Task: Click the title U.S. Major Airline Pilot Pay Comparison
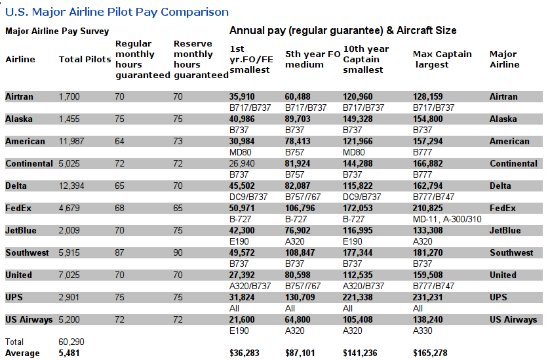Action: click(117, 12)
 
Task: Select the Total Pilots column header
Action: click(85, 60)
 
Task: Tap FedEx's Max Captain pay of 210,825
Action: click(428, 209)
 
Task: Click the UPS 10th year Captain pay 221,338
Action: click(357, 298)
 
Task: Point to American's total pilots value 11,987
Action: click(71, 142)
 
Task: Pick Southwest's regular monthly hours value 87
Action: click(119, 252)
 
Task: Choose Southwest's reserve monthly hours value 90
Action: click(178, 252)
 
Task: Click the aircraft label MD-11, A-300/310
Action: click(447, 219)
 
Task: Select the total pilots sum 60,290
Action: click(71, 342)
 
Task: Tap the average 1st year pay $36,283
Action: click(245, 353)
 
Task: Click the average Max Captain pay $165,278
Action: click(430, 353)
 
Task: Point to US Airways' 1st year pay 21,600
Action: click(242, 320)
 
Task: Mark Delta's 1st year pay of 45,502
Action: click(242, 186)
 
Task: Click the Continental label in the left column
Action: click(29, 163)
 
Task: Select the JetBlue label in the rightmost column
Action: click(505, 231)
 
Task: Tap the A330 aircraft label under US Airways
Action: click(423, 330)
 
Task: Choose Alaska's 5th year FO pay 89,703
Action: click(298, 119)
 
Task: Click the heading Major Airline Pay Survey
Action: click(57, 31)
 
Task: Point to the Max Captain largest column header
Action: click(442, 60)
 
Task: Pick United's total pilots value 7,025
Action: click(69, 275)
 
